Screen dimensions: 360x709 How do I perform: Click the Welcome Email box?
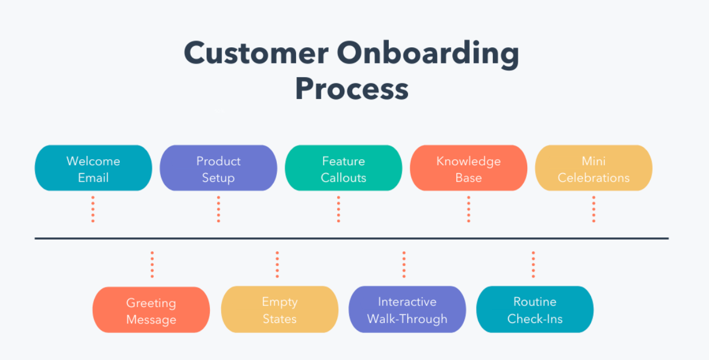(93, 169)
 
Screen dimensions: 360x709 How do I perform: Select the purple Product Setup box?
(218, 169)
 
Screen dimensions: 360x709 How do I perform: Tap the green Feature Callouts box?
(343, 169)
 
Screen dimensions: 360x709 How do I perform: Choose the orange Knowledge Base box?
(468, 169)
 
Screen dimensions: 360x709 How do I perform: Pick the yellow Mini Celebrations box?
(593, 169)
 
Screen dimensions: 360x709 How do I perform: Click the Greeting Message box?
(151, 310)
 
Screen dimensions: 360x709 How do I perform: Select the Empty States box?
(279, 310)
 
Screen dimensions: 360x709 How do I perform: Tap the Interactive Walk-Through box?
(407, 310)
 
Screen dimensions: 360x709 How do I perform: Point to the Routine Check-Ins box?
(535, 310)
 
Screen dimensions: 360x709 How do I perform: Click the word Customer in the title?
(256, 54)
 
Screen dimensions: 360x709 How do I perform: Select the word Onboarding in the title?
(428, 54)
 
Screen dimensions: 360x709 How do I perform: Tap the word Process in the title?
(352, 89)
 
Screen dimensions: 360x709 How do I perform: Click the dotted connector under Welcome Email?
(93, 209)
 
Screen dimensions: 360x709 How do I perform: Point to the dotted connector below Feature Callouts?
(338, 209)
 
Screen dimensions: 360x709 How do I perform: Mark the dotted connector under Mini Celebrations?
(593, 209)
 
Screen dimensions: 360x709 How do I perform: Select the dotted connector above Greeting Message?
(152, 264)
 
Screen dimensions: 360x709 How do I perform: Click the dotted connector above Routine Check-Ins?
(533, 264)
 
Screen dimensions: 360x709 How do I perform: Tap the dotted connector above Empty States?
(277, 264)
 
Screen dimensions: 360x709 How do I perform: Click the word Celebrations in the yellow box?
(593, 178)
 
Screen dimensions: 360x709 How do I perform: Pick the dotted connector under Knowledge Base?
(468, 209)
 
